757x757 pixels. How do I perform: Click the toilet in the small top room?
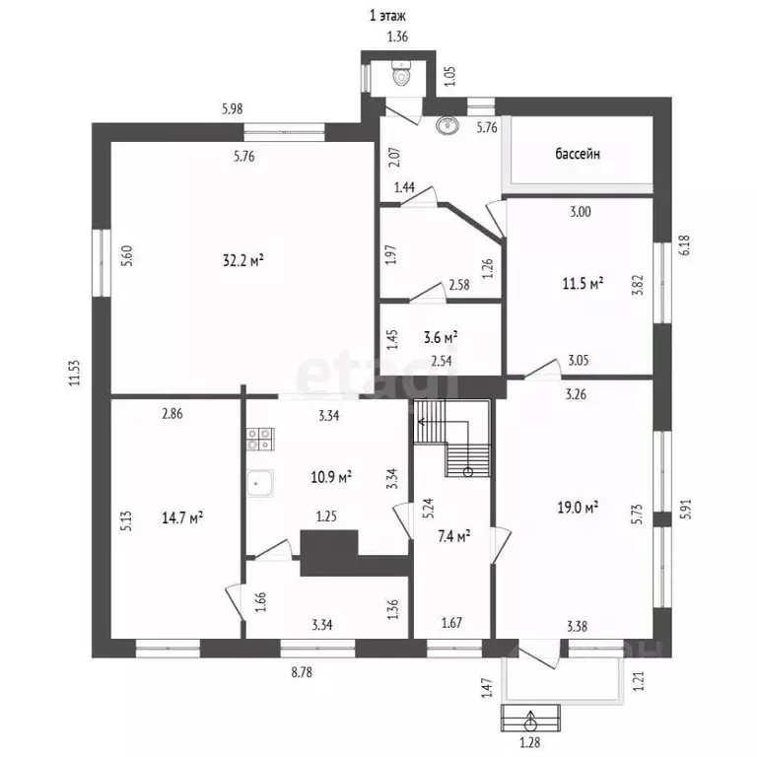pyautogui.click(x=401, y=73)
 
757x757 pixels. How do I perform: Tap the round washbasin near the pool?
pyautogui.click(x=447, y=125)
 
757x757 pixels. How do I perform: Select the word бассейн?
pyautogui.click(x=578, y=154)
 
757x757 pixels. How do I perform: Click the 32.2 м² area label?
pyautogui.click(x=242, y=260)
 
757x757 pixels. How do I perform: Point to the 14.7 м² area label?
pyautogui.click(x=182, y=518)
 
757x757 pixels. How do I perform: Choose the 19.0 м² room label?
pyautogui.click(x=578, y=508)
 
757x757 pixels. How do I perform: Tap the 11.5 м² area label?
pyautogui.click(x=583, y=283)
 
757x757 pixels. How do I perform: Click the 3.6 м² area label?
pyautogui.click(x=441, y=337)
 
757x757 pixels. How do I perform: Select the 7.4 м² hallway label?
pyautogui.click(x=454, y=536)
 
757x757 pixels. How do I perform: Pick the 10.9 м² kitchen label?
pyautogui.click(x=331, y=477)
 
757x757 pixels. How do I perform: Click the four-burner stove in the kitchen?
pyautogui.click(x=260, y=439)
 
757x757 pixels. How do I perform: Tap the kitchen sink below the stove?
pyautogui.click(x=260, y=483)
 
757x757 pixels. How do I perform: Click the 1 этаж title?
pyautogui.click(x=387, y=16)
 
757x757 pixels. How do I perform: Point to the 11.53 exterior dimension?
pyautogui.click(x=74, y=374)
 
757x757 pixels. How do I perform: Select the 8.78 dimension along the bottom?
pyautogui.click(x=302, y=672)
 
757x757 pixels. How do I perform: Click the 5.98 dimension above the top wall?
pyautogui.click(x=233, y=109)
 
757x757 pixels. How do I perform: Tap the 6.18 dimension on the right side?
pyautogui.click(x=685, y=245)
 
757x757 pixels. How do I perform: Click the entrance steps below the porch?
pyautogui.click(x=530, y=718)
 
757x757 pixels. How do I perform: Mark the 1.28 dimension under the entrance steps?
pyautogui.click(x=529, y=742)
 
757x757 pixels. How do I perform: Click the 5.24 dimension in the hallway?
pyautogui.click(x=428, y=508)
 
